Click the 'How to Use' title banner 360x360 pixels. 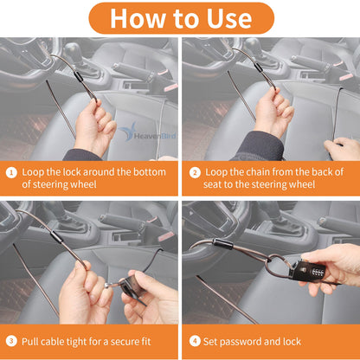(x=180, y=17)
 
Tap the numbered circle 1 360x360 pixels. (x=10, y=172)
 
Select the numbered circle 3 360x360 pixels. (x=10, y=340)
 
